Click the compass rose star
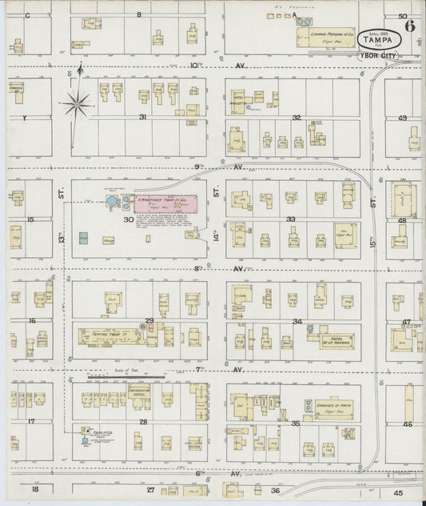78,102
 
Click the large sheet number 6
410,24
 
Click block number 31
143,117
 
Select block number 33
292,219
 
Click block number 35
295,423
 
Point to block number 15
31,219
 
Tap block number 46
407,424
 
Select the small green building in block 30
83,237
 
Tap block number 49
403,118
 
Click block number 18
34,488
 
